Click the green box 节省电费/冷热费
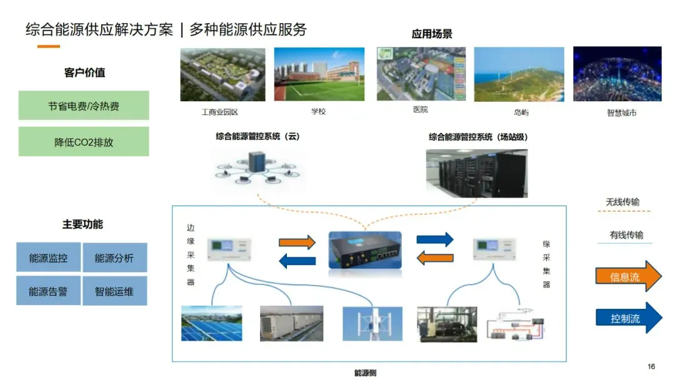[84, 106]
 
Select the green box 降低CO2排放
[84, 142]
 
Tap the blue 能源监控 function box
[48, 257]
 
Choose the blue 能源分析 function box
[114, 257]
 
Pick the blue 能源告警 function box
[48, 291]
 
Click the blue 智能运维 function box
[114, 291]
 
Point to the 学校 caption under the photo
[319, 111]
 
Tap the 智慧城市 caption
[622, 113]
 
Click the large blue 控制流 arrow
[627, 318]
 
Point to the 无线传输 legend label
[622, 202]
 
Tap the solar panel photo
[211, 323]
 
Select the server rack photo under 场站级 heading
[477, 169]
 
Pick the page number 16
[651, 366]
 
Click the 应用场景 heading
[432, 34]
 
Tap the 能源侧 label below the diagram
[365, 373]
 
